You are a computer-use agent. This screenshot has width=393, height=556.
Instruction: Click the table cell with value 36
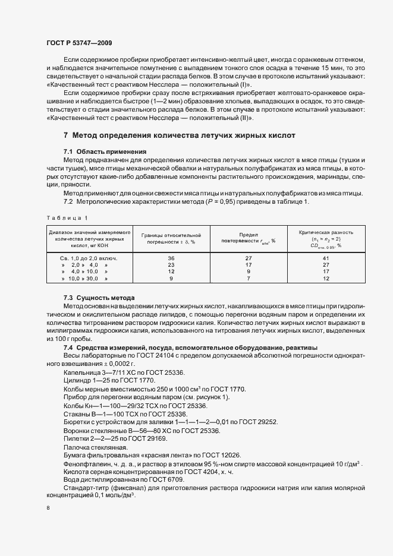[171, 258]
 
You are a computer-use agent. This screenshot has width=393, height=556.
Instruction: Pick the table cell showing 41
[325, 258]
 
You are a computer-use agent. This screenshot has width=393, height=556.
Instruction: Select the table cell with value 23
[171, 265]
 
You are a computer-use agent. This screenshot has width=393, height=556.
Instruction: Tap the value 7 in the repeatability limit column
[249, 278]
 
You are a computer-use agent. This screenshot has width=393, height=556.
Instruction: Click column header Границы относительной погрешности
[171, 238]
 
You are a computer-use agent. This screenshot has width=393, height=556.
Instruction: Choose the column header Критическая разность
[325, 232]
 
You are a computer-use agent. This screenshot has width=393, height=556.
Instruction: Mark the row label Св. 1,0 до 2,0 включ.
[88, 258]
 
